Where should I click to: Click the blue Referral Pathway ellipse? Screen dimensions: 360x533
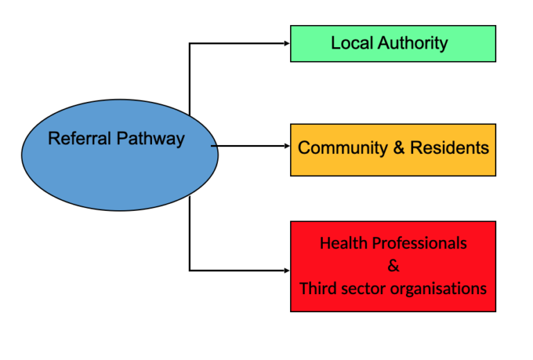tap(119, 166)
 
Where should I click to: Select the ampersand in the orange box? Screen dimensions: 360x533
tap(398, 148)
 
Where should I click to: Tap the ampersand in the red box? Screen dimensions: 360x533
tap(394, 266)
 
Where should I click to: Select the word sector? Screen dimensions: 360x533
tap(361, 288)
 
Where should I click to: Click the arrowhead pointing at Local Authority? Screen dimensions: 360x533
tap(286, 43)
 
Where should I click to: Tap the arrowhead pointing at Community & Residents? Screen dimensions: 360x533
tap(286, 146)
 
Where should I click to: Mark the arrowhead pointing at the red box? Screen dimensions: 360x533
tap(286, 270)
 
